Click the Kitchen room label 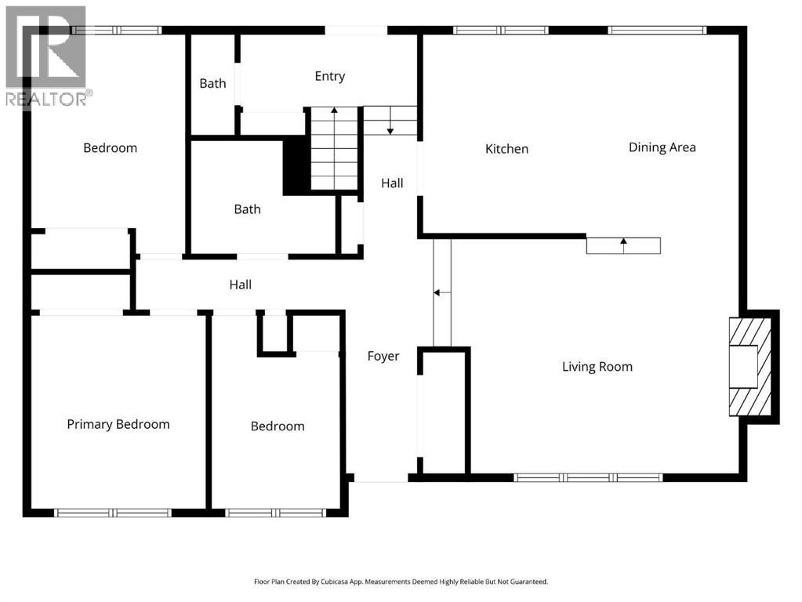pyautogui.click(x=506, y=149)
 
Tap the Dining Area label pyautogui.click(x=662, y=147)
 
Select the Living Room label pyautogui.click(x=597, y=367)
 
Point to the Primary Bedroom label pyautogui.click(x=118, y=425)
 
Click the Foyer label pyautogui.click(x=383, y=357)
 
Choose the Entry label pyautogui.click(x=329, y=76)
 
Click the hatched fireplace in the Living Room pyautogui.click(x=749, y=367)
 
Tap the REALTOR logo pyautogui.click(x=46, y=56)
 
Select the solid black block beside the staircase pyautogui.click(x=296, y=167)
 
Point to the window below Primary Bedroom pyautogui.click(x=113, y=513)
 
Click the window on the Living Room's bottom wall pyautogui.click(x=588, y=477)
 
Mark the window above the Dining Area pyautogui.click(x=657, y=30)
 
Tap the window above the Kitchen pyautogui.click(x=501, y=30)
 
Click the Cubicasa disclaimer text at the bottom pyautogui.click(x=401, y=582)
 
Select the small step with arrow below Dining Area pyautogui.click(x=623, y=245)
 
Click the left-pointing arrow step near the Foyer pyautogui.click(x=442, y=292)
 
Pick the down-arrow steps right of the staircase pyautogui.click(x=390, y=121)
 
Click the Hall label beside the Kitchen pyautogui.click(x=392, y=183)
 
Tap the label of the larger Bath pyautogui.click(x=247, y=209)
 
